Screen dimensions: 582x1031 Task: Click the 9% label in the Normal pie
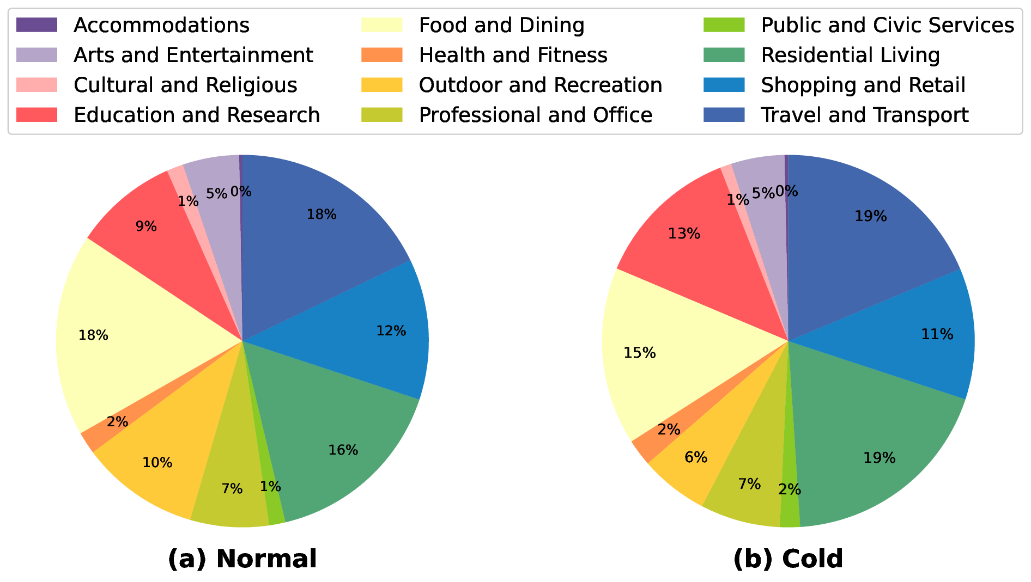click(x=146, y=226)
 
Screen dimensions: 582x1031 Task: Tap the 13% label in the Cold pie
click(x=684, y=234)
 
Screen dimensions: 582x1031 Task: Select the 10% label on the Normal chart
click(x=157, y=463)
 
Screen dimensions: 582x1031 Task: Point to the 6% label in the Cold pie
click(x=696, y=457)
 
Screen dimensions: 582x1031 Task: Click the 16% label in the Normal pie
click(x=343, y=450)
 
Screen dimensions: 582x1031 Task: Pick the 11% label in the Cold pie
click(x=937, y=334)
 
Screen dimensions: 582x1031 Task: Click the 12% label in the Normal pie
click(x=391, y=331)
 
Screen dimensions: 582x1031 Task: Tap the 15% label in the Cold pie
click(x=640, y=353)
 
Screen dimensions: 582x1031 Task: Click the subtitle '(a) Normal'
click(x=242, y=559)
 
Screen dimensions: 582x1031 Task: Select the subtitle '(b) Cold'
click(x=788, y=559)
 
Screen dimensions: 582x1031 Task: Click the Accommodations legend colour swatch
click(x=37, y=25)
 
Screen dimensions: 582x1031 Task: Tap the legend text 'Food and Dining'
click(x=501, y=25)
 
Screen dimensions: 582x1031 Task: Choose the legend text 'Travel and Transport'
click(x=865, y=115)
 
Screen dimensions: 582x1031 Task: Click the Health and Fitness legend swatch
click(x=382, y=55)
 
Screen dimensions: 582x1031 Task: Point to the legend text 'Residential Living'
click(x=850, y=55)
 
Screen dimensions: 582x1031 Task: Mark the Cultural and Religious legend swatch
click(x=37, y=85)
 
